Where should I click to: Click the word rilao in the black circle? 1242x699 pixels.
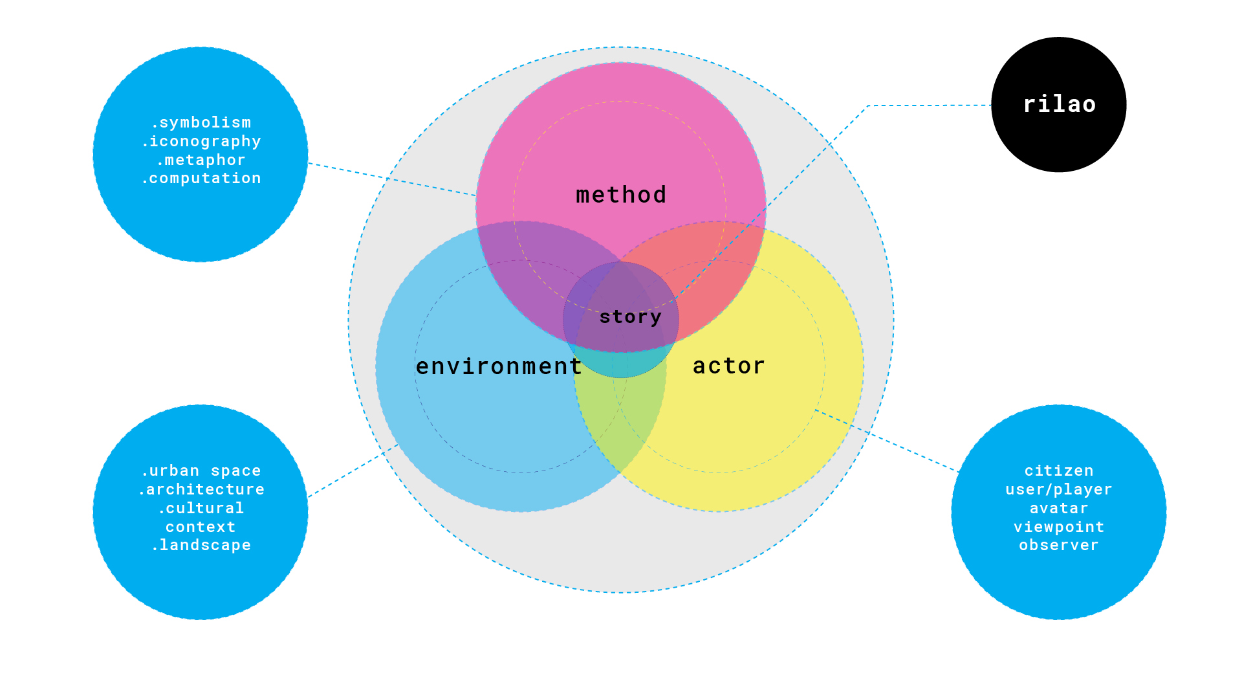pyautogui.click(x=1059, y=104)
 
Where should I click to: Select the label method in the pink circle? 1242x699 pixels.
pyautogui.click(x=621, y=195)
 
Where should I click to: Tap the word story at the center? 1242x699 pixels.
pyautogui.click(x=630, y=317)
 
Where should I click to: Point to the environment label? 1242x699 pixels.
pyautogui.click(x=499, y=366)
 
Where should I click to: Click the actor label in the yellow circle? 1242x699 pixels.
pyautogui.click(x=729, y=366)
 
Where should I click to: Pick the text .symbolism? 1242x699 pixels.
pyautogui.click(x=201, y=122)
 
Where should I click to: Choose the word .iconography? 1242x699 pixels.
pyautogui.click(x=201, y=142)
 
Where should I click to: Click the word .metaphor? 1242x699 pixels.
pyautogui.click(x=201, y=160)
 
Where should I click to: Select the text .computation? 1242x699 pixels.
pyautogui.click(x=201, y=178)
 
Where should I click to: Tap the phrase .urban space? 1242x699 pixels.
pyautogui.click(x=201, y=471)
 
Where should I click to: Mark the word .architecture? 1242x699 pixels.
pyautogui.click(x=201, y=489)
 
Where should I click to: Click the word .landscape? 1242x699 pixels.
pyautogui.click(x=201, y=545)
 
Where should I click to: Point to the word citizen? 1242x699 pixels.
pyautogui.click(x=1059, y=471)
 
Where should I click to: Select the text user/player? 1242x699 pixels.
pyautogui.click(x=1059, y=489)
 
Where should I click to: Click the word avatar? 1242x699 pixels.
pyautogui.click(x=1059, y=508)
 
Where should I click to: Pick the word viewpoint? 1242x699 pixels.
pyautogui.click(x=1059, y=527)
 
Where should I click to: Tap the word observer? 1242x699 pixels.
pyautogui.click(x=1059, y=545)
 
